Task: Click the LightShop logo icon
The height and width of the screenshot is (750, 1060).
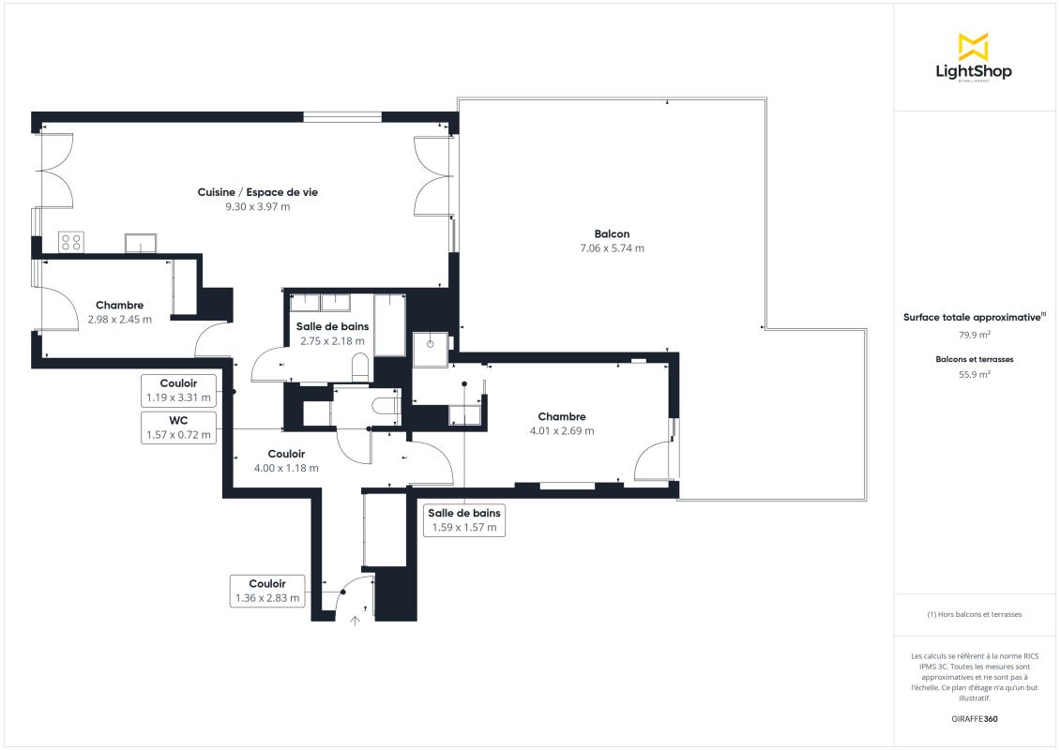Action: [x=974, y=47]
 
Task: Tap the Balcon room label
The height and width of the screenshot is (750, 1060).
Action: [x=612, y=233]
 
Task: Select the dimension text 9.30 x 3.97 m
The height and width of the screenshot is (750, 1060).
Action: [x=258, y=207]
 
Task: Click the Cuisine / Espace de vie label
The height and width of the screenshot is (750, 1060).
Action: [x=258, y=192]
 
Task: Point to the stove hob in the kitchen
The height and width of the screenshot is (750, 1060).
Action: [x=71, y=242]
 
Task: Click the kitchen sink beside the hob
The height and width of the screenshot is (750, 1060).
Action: [x=141, y=243]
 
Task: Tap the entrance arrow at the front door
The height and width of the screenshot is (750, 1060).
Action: [x=355, y=621]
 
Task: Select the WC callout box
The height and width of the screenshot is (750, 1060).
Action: [x=178, y=427]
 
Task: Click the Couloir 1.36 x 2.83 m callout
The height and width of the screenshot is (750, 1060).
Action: [x=267, y=591]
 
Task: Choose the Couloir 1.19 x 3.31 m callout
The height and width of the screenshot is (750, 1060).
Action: [x=178, y=391]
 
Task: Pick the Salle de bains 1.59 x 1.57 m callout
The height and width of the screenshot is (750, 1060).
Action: [x=464, y=520]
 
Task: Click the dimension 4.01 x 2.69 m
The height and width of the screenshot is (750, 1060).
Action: [x=562, y=431]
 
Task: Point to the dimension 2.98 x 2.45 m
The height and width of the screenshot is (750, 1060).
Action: [x=120, y=320]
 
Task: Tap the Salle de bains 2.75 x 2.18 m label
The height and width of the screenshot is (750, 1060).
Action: [x=333, y=334]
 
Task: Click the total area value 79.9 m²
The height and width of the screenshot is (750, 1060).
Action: [x=975, y=335]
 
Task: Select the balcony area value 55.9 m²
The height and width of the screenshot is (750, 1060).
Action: [x=975, y=374]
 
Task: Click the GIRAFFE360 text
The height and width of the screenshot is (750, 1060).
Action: [x=974, y=719]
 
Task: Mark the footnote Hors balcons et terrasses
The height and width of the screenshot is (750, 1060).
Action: [x=975, y=614]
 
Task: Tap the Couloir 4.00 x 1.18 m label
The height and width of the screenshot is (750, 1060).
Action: [x=286, y=461]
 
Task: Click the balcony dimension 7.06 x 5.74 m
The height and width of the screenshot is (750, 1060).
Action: [x=612, y=248]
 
